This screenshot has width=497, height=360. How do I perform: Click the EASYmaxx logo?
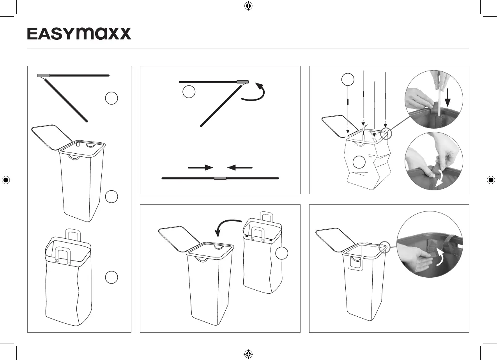tap(79, 34)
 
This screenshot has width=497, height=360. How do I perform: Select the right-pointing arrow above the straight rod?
tap(201, 168)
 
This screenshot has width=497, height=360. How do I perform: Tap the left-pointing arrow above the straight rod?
tap(240, 168)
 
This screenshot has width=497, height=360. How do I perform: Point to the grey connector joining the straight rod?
tap(220, 178)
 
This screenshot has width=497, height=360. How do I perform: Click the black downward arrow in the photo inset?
tap(448, 98)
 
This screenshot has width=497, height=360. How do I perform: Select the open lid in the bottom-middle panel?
tap(179, 239)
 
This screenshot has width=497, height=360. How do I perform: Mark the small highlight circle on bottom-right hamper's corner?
tap(384, 247)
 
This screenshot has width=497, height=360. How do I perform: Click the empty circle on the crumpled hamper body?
tap(359, 162)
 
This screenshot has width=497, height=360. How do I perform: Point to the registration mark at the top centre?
tap(249, 6)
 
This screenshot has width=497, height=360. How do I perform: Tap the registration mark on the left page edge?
tap(6, 180)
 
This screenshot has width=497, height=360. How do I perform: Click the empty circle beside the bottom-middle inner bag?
tap(282, 253)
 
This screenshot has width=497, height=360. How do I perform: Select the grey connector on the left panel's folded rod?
tap(44, 75)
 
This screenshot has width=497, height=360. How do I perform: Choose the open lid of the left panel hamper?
tap(52, 138)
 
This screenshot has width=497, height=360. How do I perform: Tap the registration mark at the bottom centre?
tap(249, 353)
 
